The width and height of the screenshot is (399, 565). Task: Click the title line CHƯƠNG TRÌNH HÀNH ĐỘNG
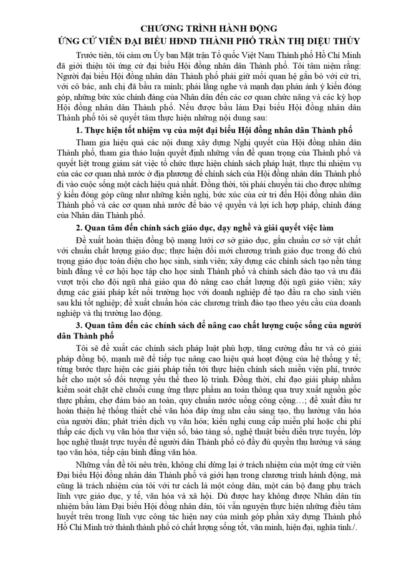pos(199,29)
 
